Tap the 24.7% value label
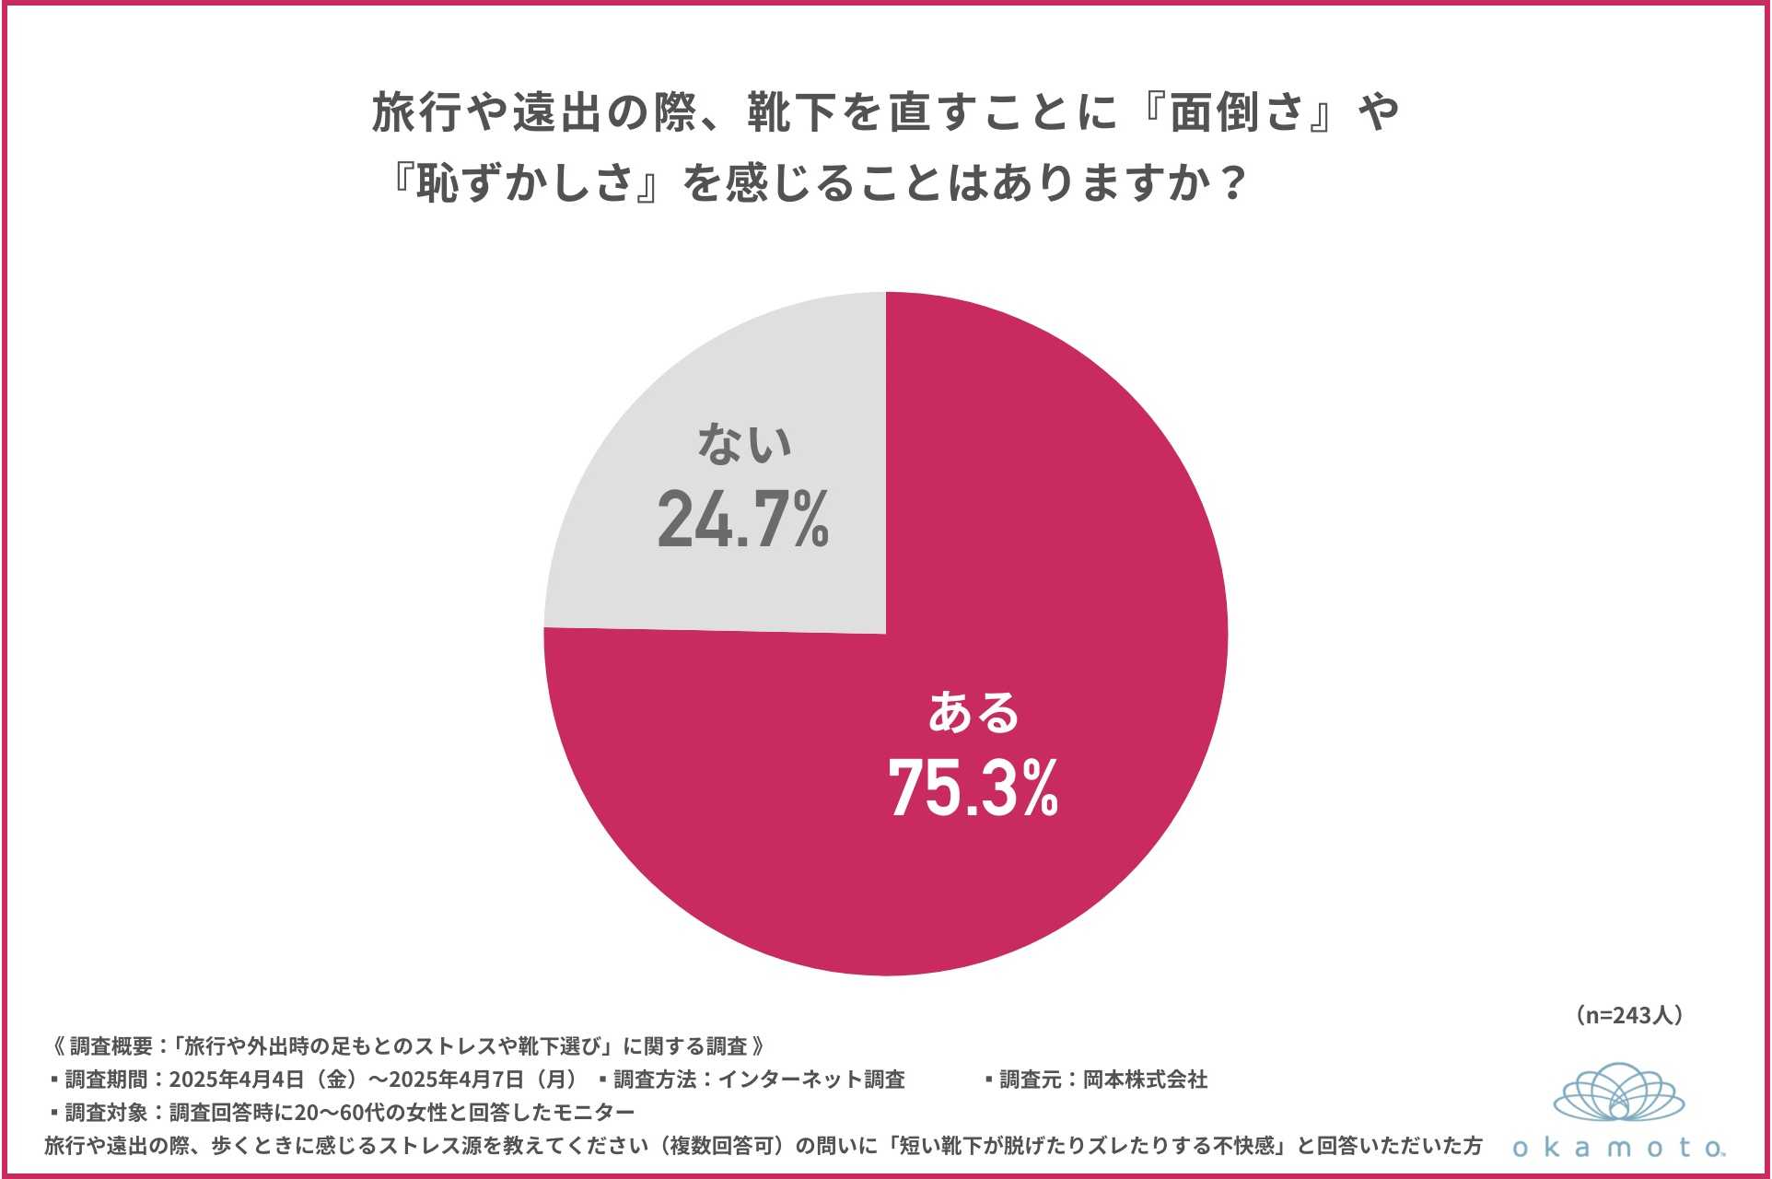tap(742, 520)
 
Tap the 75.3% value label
tap(973, 788)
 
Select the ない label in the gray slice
tap(744, 444)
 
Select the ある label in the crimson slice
tap(973, 713)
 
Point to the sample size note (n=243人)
tap(1628, 1015)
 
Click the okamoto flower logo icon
tap(1618, 1093)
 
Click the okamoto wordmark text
tap(1618, 1148)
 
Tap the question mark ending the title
tap(1230, 182)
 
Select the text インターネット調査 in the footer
tap(810, 1080)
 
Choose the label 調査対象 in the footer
tap(106, 1113)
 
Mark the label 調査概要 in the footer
tap(111, 1046)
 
